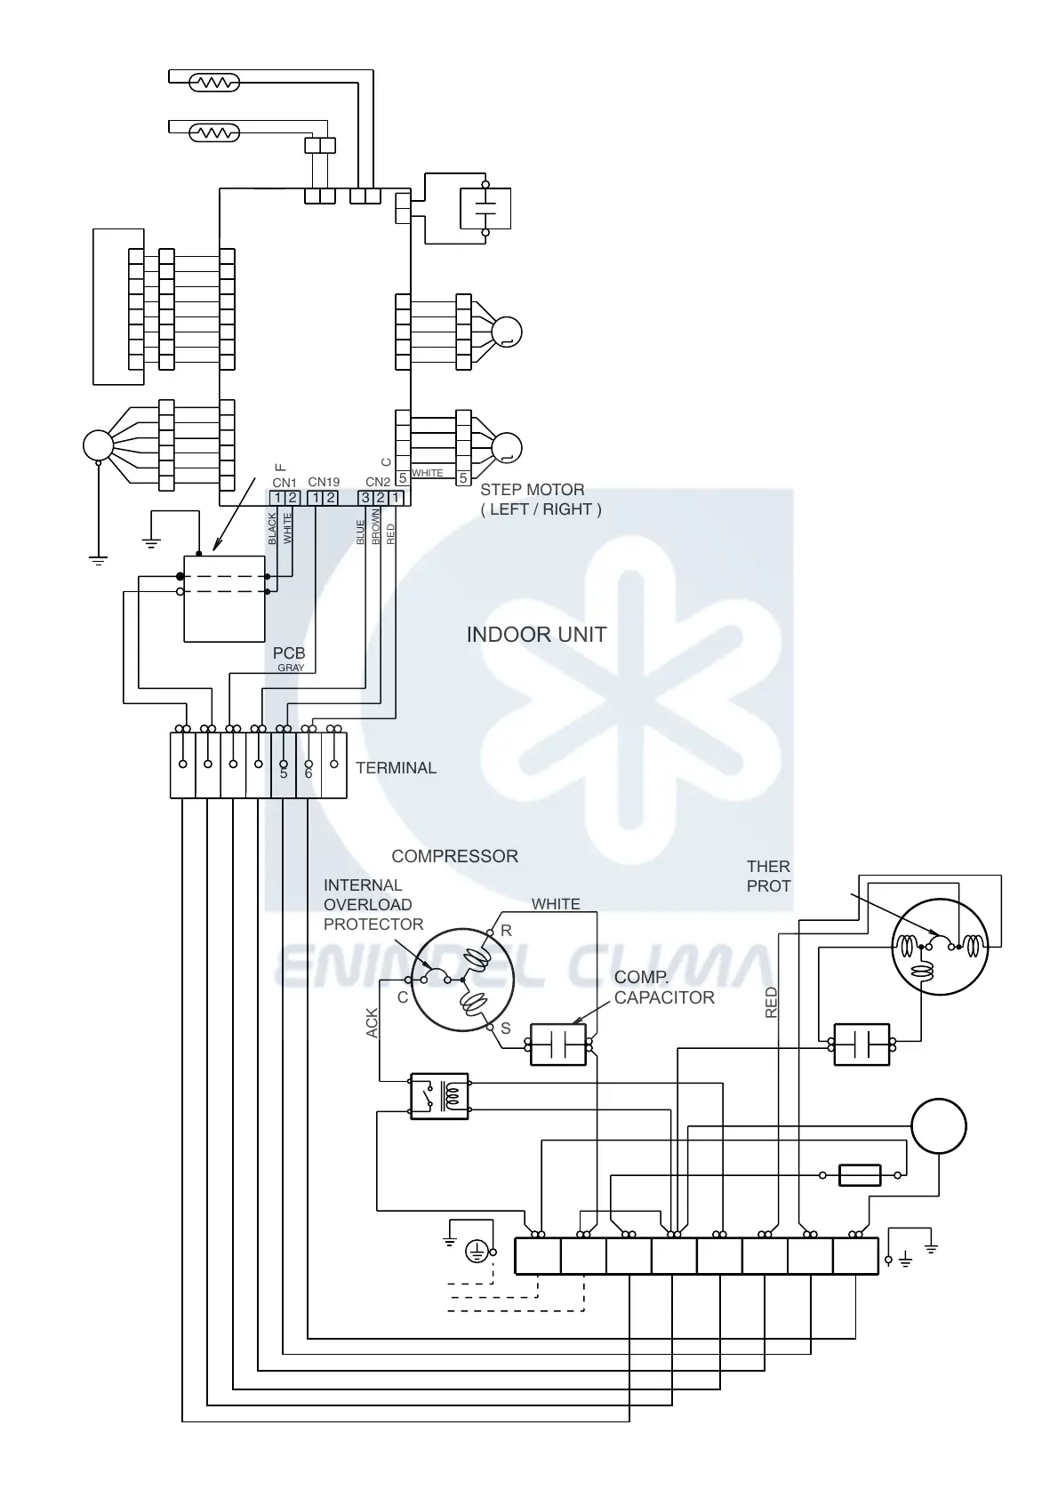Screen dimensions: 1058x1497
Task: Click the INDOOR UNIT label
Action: pyautogui.click(x=536, y=635)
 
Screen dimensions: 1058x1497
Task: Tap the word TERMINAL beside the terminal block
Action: pyautogui.click(x=396, y=768)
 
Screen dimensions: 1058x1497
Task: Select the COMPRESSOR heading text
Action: pyautogui.click(x=454, y=856)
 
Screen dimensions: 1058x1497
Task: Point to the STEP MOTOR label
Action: pyautogui.click(x=533, y=490)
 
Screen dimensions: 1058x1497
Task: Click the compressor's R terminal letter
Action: pyautogui.click(x=507, y=931)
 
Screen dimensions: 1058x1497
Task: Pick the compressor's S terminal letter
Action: pyautogui.click(x=506, y=1029)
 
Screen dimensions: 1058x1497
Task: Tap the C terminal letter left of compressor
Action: pyautogui.click(x=403, y=997)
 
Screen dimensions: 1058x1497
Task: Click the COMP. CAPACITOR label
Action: pyautogui.click(x=663, y=988)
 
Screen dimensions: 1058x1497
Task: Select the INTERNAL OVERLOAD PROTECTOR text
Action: pyautogui.click(x=373, y=905)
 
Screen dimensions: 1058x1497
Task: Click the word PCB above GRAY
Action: pyautogui.click(x=289, y=653)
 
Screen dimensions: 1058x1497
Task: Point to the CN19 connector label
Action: pyautogui.click(x=324, y=483)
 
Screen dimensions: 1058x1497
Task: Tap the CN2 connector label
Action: pyautogui.click(x=378, y=483)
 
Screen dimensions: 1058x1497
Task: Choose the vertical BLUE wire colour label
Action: pyautogui.click(x=360, y=532)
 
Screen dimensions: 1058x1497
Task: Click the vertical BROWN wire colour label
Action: pyautogui.click(x=376, y=528)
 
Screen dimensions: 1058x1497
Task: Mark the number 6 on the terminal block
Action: pyautogui.click(x=309, y=774)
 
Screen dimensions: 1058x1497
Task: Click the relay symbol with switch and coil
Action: pyautogui.click(x=439, y=1096)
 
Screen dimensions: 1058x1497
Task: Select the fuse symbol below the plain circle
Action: pyautogui.click(x=860, y=1175)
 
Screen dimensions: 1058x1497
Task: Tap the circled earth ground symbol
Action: pyautogui.click(x=477, y=1252)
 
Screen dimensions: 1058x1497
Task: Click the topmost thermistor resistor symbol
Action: pyautogui.click(x=214, y=83)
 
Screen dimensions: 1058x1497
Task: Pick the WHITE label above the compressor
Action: pyautogui.click(x=556, y=904)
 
